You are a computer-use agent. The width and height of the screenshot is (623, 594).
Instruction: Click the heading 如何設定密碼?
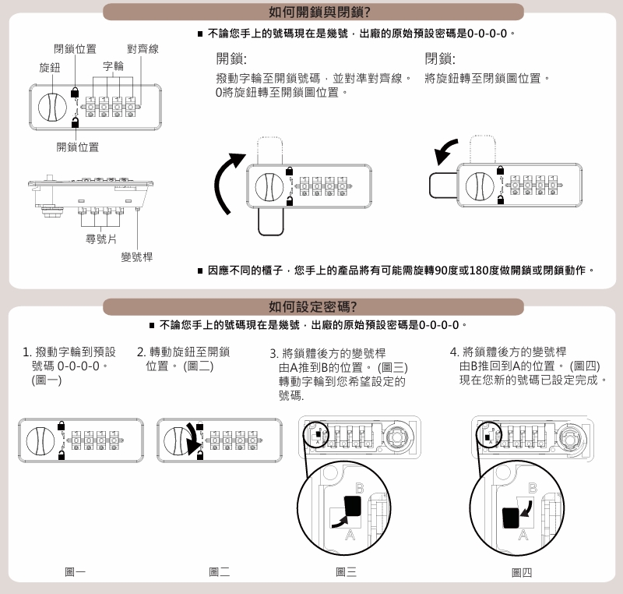[312, 306]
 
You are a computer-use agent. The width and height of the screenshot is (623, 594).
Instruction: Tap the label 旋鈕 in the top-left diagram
[50, 67]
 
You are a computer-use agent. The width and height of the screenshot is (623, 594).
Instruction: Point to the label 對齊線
[143, 49]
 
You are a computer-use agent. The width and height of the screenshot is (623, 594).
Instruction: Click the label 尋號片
[101, 237]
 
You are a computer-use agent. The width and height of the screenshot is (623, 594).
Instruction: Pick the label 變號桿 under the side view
[137, 258]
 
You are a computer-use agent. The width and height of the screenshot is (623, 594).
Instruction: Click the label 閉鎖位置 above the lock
[75, 49]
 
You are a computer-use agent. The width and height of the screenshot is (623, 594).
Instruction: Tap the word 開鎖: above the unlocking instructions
[231, 58]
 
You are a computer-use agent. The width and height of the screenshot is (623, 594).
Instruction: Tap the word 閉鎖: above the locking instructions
[440, 58]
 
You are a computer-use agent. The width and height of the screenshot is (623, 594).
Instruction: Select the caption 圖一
[76, 572]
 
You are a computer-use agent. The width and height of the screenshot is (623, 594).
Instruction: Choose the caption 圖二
[220, 572]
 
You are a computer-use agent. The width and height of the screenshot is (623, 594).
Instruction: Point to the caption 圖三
[347, 572]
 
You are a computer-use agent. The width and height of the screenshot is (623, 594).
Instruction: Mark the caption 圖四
[522, 572]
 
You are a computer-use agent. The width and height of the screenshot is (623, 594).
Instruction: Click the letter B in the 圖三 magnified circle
[359, 488]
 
